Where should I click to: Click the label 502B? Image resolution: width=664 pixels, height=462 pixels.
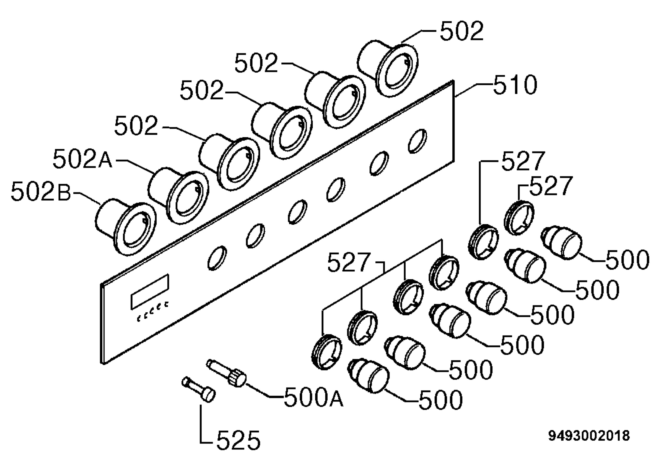point(41,191)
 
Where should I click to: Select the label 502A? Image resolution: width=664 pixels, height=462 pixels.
point(82,159)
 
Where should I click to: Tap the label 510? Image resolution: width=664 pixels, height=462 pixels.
point(515,85)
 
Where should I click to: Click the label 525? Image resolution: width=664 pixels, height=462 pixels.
point(238,440)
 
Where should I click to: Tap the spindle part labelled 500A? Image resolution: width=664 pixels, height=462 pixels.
point(227,373)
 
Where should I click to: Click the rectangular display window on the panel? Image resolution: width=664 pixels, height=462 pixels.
point(150,292)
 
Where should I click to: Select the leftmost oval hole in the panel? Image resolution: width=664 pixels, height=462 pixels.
point(217,258)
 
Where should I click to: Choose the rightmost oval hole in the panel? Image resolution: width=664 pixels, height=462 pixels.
point(417,141)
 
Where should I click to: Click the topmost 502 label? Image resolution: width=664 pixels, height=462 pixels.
point(462,31)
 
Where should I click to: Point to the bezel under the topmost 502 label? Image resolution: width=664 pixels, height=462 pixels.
point(388,68)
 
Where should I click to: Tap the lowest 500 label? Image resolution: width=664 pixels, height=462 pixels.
point(440,400)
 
